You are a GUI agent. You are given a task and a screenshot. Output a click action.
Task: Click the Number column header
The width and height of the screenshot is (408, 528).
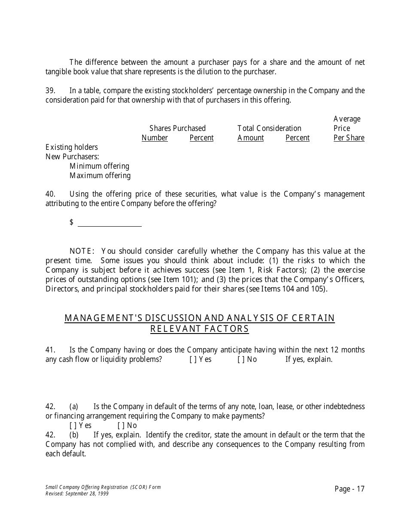click(155, 138)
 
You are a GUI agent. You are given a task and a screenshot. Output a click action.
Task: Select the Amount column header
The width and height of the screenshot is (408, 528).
click(250, 138)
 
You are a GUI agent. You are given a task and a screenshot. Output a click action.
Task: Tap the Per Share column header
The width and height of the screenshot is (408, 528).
click(349, 138)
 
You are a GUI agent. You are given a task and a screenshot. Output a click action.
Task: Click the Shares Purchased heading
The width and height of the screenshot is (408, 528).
click(177, 128)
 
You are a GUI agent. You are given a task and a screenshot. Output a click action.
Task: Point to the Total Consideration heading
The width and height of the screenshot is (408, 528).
click(269, 128)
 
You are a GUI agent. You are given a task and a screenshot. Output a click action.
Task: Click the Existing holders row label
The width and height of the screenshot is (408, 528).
click(72, 147)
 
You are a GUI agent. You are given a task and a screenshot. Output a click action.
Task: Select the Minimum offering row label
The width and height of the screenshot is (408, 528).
click(99, 166)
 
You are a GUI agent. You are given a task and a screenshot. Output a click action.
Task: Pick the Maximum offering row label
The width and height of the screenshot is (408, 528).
click(100, 176)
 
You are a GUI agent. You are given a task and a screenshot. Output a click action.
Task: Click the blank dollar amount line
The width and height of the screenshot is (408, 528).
click(110, 223)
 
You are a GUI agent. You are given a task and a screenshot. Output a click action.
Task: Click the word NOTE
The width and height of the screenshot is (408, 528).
click(82, 251)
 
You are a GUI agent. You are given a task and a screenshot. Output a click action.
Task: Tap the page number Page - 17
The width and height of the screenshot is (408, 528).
click(349, 489)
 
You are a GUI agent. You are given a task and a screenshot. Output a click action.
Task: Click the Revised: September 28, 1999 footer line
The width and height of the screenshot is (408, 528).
click(77, 494)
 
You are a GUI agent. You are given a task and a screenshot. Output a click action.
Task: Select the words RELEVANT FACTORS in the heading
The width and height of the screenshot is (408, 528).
click(199, 329)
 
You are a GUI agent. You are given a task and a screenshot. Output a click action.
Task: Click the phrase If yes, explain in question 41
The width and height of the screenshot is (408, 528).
click(309, 359)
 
